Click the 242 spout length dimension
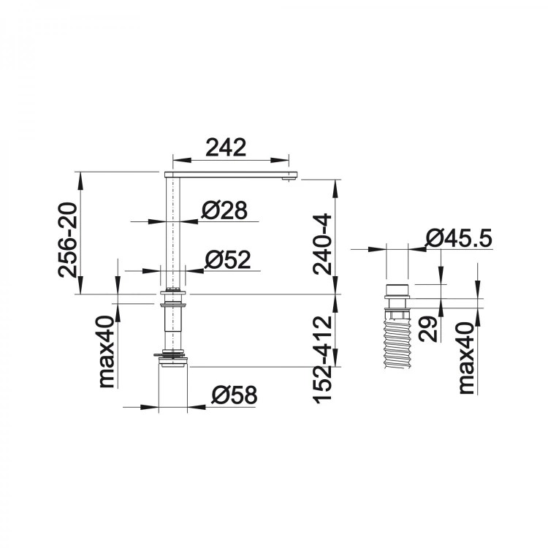click(x=226, y=148)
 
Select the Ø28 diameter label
click(x=224, y=210)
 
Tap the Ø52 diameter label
click(x=228, y=259)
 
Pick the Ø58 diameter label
click(x=234, y=395)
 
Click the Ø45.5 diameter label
click(x=459, y=238)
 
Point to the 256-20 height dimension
click(x=67, y=240)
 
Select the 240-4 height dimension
click(x=322, y=244)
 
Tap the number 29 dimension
click(x=428, y=329)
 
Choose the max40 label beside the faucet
click(x=107, y=351)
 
